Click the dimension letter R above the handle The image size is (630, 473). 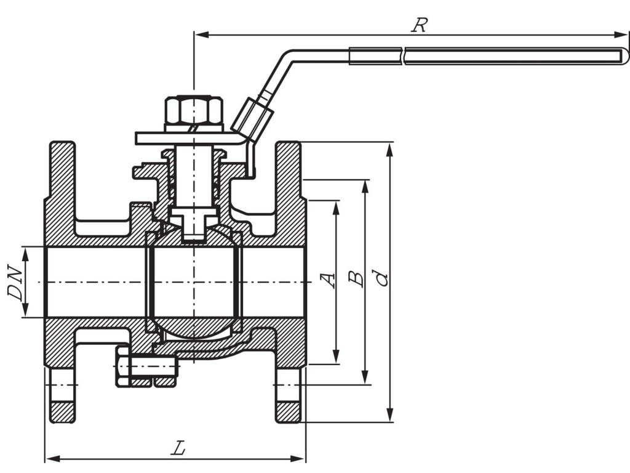420,25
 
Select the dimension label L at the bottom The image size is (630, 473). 178,448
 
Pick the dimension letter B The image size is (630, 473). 356,278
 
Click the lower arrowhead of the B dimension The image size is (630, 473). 365,378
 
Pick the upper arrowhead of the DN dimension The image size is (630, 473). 25,251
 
